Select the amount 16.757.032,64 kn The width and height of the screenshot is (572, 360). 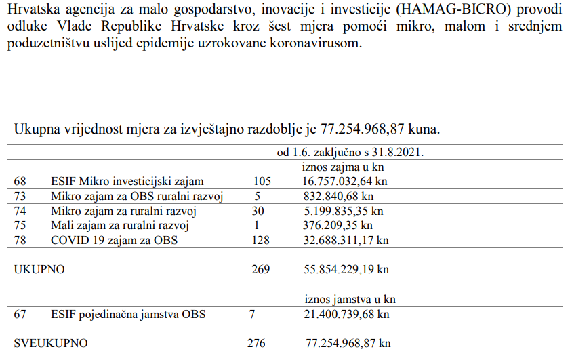tap(345, 181)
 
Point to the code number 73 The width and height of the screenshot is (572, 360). tap(20, 196)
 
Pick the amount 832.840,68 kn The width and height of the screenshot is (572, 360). tap(339, 196)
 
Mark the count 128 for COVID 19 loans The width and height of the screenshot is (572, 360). tap(262, 240)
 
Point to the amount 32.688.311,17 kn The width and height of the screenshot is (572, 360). tap(345, 240)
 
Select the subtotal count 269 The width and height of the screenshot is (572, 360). tap(260, 269)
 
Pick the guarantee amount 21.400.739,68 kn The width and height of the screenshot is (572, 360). tap(345, 314)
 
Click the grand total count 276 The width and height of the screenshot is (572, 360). tap(257, 343)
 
